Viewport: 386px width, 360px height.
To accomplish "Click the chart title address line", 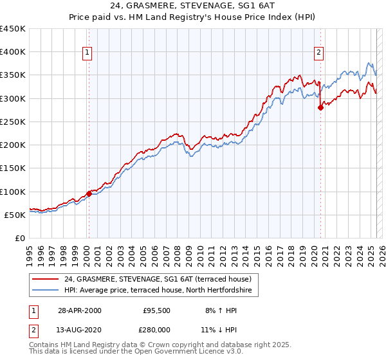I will pyautogui.click(x=192, y=7).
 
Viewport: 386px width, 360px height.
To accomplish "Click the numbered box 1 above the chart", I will pyautogui.click(x=87, y=53).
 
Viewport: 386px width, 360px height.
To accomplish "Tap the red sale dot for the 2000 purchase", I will pyautogui.click(x=89, y=194).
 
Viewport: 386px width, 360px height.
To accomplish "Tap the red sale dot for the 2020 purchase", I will pyautogui.click(x=320, y=108).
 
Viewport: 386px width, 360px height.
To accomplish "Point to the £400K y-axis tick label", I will pyautogui.click(x=13, y=52).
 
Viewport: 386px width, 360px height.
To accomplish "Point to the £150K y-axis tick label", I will pyautogui.click(x=13, y=168).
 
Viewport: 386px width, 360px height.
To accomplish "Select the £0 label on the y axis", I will pyautogui.click(x=20, y=239).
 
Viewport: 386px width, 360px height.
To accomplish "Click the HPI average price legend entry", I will pyautogui.click(x=161, y=291).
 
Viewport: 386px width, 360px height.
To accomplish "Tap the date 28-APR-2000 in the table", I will pyautogui.click(x=80, y=310).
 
